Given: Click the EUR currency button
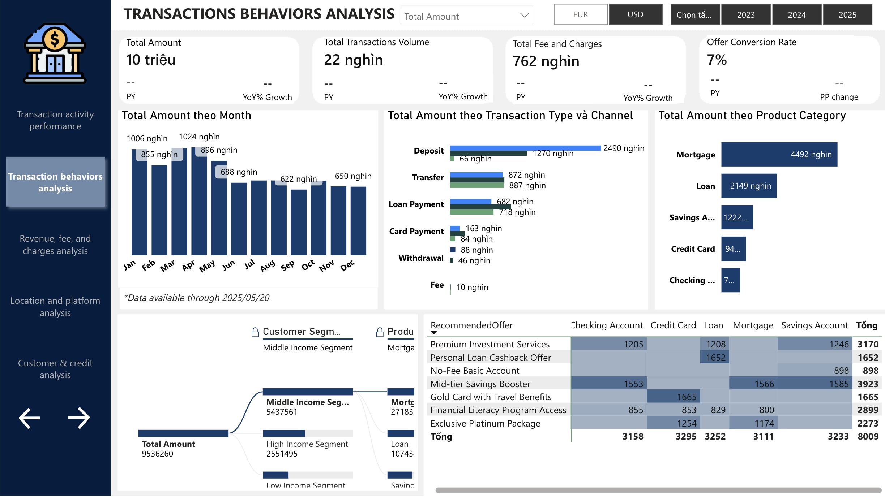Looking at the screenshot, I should pos(580,15).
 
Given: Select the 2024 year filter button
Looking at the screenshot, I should pos(796,15).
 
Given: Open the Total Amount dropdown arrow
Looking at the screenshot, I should pos(524,15).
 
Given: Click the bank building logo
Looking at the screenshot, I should pos(55,53).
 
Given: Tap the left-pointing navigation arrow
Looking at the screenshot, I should pos(29,418).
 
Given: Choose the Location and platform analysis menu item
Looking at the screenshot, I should pos(55,307).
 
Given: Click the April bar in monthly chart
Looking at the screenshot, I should pos(199,202).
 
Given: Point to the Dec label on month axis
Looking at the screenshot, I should pos(347,266).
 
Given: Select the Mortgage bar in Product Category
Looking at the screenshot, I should pos(779,154).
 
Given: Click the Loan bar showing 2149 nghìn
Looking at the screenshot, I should pos(748,186).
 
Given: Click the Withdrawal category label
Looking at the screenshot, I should pos(421,258).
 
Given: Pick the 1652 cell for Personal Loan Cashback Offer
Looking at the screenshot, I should pos(715,358).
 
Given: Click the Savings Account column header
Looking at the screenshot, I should pos(814,325).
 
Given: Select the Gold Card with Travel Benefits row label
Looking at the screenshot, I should pos(491,397).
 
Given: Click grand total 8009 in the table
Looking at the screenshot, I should pos(868,436).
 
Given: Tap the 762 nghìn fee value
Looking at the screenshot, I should pos(546,61).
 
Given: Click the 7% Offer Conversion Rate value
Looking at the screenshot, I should pos(717,60).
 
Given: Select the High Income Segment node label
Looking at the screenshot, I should pos(307,444).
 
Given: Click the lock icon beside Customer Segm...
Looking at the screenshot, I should pos(255,332).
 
